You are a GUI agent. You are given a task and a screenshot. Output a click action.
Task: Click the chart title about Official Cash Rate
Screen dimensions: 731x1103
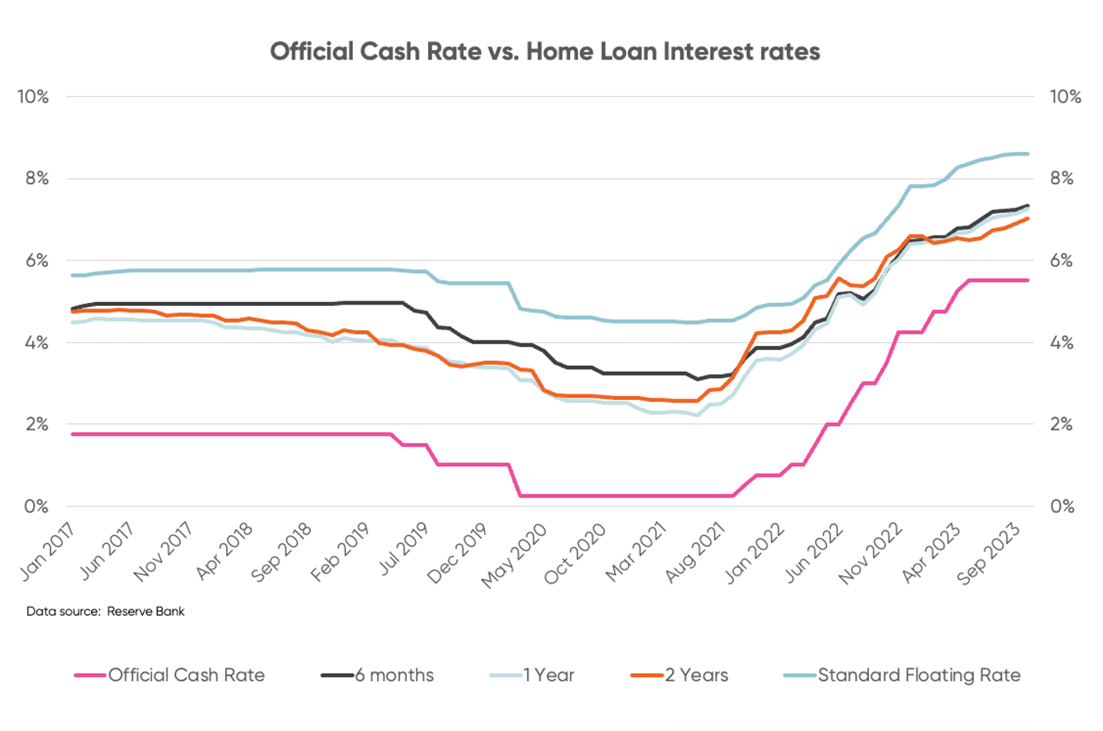pyautogui.click(x=545, y=52)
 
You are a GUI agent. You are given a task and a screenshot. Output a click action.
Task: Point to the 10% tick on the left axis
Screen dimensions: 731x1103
pyautogui.click(x=33, y=97)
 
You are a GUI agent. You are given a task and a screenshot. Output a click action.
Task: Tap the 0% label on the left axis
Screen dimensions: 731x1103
pyautogui.click(x=36, y=506)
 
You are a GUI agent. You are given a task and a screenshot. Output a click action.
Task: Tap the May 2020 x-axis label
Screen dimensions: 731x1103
pyautogui.click(x=514, y=555)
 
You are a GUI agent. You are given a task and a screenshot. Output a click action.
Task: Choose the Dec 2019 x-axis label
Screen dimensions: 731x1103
pyautogui.click(x=458, y=553)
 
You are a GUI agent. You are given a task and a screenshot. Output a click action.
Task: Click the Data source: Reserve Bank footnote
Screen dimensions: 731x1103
pyautogui.click(x=106, y=611)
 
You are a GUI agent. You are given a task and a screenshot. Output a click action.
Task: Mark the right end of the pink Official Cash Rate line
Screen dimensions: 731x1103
pyautogui.click(x=1027, y=280)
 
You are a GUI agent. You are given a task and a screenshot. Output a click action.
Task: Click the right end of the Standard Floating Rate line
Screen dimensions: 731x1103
pyautogui.click(x=1027, y=154)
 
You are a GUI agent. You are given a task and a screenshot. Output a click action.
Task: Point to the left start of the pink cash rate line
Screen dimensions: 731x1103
pyautogui.click(x=73, y=434)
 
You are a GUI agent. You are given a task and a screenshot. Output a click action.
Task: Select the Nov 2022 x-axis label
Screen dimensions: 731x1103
pyautogui.click(x=871, y=553)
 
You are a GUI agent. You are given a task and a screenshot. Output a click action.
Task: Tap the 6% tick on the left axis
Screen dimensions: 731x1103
pyautogui.click(x=36, y=261)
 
